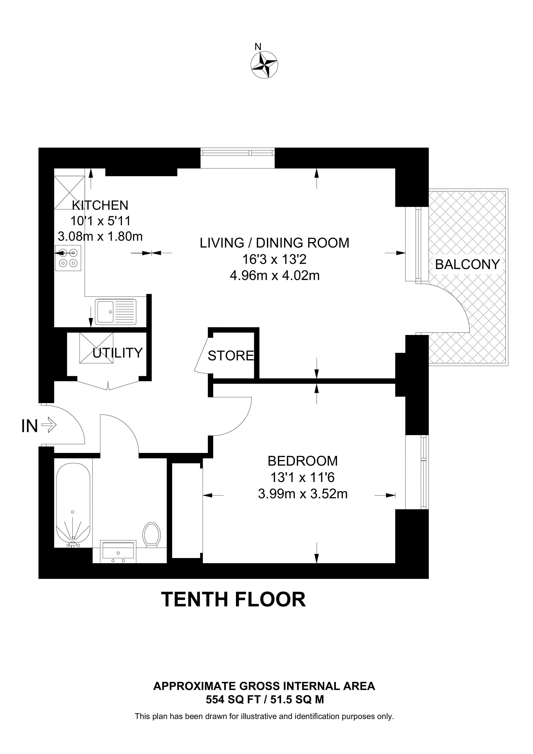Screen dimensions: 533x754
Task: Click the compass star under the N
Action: (264, 65)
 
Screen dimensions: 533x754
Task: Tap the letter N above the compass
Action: (258, 47)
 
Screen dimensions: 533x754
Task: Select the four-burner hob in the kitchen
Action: (68, 258)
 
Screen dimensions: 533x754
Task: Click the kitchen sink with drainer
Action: (116, 312)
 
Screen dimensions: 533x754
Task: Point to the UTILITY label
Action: (118, 353)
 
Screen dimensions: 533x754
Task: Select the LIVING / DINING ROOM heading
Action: (274, 243)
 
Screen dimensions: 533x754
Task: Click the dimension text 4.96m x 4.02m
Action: (274, 276)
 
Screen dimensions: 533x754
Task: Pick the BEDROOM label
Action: (302, 461)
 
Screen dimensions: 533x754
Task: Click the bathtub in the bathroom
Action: (73, 505)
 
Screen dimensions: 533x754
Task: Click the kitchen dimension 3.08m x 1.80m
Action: (100, 236)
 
